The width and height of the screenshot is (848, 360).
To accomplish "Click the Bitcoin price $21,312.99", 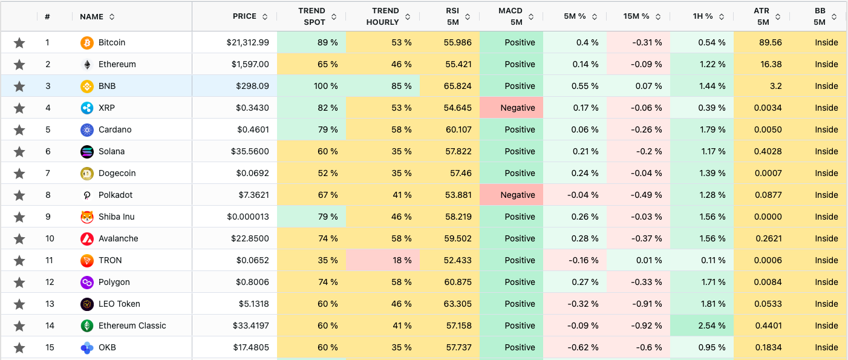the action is tap(247, 42).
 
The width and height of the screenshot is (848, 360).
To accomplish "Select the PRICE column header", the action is tap(244, 16).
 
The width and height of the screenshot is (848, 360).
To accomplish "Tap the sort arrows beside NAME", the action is tap(112, 17).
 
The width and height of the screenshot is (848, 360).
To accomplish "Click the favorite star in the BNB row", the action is tap(19, 87).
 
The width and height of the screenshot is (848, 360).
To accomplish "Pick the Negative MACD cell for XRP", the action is tap(511, 108).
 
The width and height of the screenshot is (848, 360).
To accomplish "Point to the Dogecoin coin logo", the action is tap(87, 174).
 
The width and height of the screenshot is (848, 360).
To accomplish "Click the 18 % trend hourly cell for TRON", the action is tap(383, 260).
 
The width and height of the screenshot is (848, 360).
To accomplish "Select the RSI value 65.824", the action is tap(458, 86).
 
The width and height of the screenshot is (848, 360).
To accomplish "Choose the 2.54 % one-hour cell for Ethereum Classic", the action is tap(702, 326).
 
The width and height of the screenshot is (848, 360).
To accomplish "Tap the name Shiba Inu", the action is tap(116, 217).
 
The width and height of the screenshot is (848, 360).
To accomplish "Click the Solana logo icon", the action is tap(87, 151).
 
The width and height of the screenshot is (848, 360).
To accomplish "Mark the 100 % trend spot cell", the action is tap(311, 86).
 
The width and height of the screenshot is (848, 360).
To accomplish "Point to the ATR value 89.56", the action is tap(770, 42).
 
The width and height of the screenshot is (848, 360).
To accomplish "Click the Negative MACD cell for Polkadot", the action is tap(511, 195).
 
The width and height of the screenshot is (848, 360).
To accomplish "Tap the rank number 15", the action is tap(50, 347).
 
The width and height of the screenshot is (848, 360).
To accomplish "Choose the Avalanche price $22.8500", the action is tap(250, 238).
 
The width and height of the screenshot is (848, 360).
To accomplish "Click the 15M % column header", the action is tap(636, 16).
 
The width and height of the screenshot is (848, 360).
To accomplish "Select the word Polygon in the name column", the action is tap(114, 282).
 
